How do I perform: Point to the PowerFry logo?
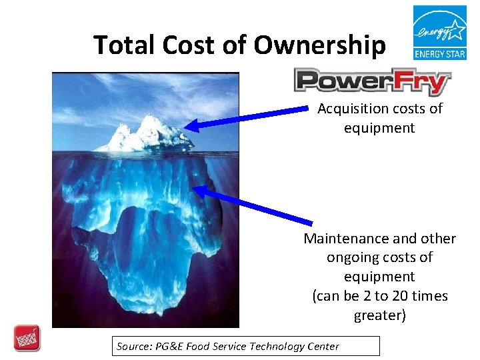click(x=372, y=81)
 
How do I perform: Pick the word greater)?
click(x=379, y=315)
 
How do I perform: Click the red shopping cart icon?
click(x=27, y=338)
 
